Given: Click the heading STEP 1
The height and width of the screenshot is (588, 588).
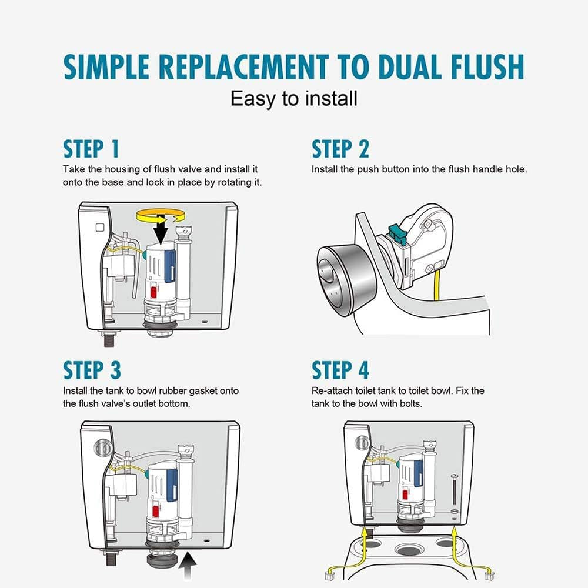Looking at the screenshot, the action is pos(91,149).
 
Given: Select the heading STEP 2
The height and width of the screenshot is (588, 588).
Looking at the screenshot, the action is pos(340,149).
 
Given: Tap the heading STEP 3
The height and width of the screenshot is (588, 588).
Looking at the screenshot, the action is pos(92,370).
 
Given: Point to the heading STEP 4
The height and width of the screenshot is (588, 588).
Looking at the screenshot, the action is pos(340,370).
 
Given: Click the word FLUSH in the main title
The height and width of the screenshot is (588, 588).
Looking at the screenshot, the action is pos(487,67).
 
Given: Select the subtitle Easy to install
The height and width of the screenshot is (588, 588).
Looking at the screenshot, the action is pos(293,99).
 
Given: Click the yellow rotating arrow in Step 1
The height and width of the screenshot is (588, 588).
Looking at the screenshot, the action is pos(161,215).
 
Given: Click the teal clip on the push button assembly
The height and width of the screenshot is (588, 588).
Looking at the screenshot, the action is pos(397,233).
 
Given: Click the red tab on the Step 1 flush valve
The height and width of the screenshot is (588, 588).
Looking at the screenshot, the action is pos(153,292).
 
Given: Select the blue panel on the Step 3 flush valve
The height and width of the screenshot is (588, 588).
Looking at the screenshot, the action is pos(172,484).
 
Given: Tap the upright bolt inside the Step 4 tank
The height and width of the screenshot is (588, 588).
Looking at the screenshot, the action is pos(455,489).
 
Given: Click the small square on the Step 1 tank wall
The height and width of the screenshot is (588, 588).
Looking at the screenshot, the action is pos(100,228).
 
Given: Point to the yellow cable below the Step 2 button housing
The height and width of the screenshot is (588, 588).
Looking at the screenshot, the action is pos(436,285).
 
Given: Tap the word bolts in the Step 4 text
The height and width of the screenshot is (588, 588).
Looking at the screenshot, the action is pos(411,403).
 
